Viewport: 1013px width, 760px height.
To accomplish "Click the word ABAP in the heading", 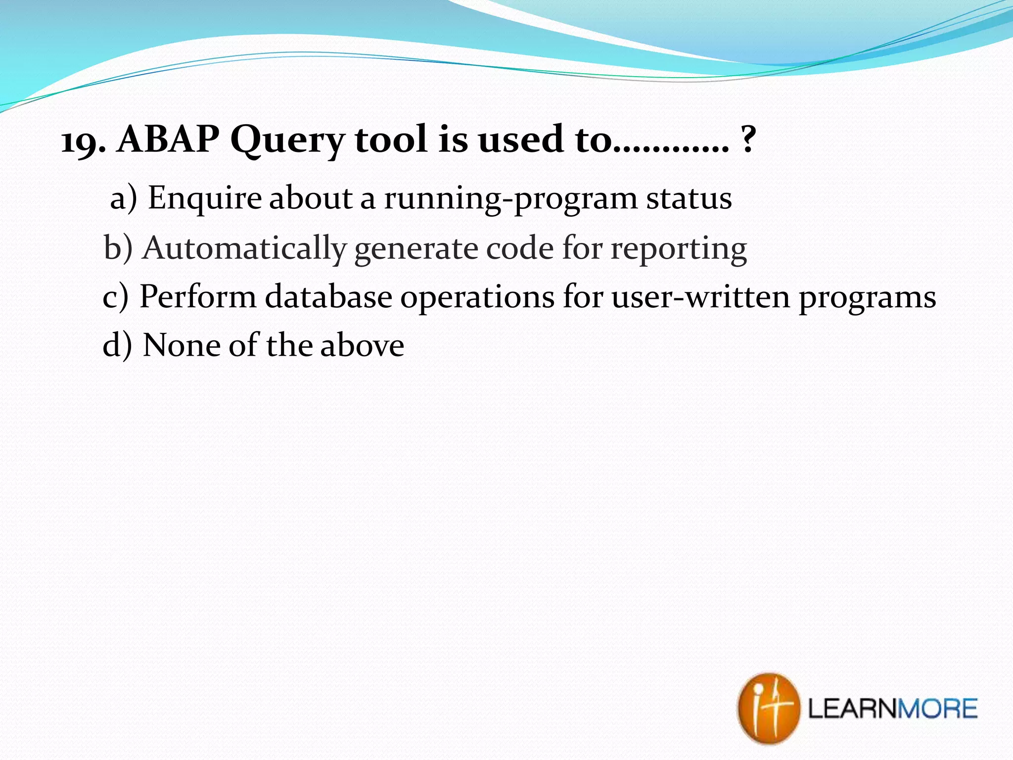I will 168,140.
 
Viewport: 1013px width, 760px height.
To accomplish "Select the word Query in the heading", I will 287,141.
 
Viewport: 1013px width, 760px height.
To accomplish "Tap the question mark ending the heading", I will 748,141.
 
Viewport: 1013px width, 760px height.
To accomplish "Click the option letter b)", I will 118,247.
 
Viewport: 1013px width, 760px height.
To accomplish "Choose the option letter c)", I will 115,297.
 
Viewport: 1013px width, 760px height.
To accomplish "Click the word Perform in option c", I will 198,297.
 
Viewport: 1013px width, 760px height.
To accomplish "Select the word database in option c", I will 328,297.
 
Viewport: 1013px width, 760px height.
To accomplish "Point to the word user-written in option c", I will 700,297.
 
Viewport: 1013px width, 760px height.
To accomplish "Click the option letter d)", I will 117,345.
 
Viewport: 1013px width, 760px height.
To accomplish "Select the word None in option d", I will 181,345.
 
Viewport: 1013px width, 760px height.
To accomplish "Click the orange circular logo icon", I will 768,708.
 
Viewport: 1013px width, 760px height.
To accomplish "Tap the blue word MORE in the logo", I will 937,709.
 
